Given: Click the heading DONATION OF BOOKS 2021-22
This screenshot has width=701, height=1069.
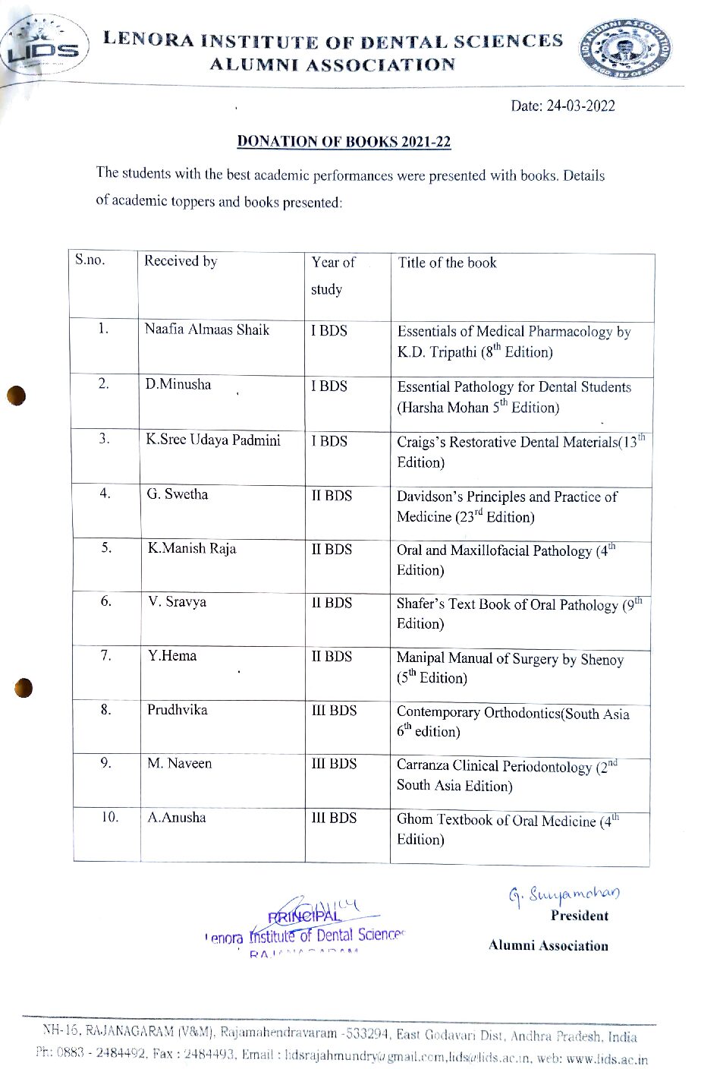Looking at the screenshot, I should (x=344, y=141).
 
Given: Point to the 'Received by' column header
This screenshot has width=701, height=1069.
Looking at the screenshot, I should (x=181, y=261).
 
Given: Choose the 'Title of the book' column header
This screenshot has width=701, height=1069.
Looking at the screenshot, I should (x=447, y=263).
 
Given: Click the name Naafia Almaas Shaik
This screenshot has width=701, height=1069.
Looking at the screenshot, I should (x=207, y=330).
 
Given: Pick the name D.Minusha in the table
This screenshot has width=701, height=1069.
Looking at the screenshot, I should (x=178, y=384).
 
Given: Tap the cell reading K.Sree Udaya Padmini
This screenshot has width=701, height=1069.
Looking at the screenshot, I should (x=213, y=440).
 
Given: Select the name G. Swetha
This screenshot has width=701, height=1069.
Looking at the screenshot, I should (x=178, y=494).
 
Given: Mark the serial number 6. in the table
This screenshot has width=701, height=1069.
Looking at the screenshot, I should (x=106, y=601).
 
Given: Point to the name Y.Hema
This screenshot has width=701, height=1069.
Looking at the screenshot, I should (x=172, y=655).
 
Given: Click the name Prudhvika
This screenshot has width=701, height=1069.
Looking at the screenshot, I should (x=178, y=710).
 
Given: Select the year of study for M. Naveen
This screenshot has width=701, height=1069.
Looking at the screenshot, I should (x=334, y=764).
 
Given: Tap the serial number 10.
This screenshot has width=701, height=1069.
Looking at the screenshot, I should (x=110, y=817).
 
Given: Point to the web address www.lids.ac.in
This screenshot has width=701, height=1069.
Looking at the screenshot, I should (x=607, y=1059).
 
